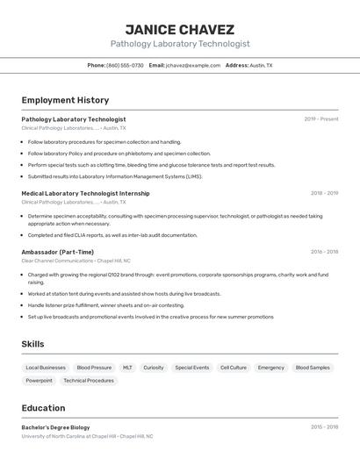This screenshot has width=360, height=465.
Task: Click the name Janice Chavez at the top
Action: click(180, 30)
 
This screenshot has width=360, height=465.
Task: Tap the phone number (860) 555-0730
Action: click(125, 65)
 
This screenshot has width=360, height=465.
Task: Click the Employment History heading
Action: click(65, 100)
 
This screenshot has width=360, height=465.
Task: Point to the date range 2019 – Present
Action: click(320, 119)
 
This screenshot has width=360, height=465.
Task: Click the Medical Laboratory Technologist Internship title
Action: click(85, 193)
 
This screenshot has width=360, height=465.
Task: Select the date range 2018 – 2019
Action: click(324, 193)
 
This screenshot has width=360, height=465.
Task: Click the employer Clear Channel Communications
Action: click(57, 261)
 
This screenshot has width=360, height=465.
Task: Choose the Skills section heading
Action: click(32, 344)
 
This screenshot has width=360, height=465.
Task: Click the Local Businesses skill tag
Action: click(46, 368)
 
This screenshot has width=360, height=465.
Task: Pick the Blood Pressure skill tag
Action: click(94, 368)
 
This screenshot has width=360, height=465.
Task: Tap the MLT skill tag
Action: click(127, 368)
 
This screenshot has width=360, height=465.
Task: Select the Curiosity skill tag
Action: click(154, 368)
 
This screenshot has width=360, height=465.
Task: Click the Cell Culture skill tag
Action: click(233, 368)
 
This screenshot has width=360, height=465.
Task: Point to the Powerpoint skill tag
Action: click(39, 381)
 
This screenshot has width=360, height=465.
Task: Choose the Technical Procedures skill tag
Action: click(89, 381)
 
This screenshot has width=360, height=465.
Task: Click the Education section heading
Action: click(43, 408)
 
